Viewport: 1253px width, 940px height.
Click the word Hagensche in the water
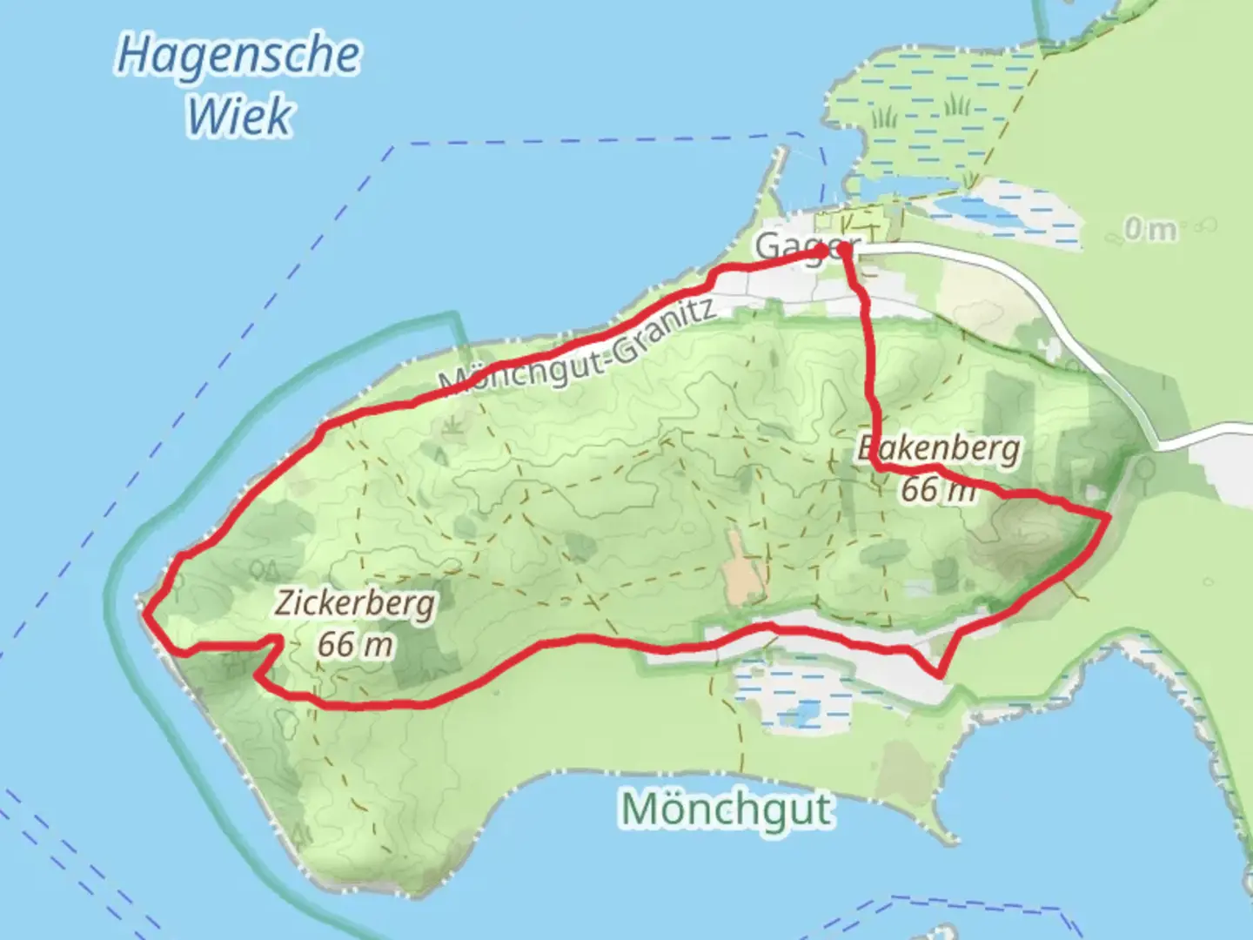238,55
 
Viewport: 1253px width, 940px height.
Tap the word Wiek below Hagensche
239,117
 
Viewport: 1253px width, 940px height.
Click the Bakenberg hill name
940,448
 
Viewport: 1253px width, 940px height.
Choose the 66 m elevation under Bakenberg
938,489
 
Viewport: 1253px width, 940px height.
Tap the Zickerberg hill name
355,602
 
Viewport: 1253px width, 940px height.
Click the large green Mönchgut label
727,809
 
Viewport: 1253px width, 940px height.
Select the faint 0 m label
1150,229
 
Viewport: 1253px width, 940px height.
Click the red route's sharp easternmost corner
1107,518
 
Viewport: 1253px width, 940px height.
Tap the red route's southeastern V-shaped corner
940,674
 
